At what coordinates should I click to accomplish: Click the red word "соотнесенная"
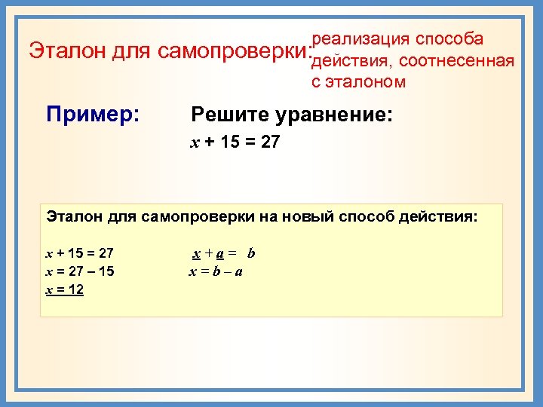click(x=457, y=60)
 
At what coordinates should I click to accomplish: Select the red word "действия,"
click(x=352, y=60)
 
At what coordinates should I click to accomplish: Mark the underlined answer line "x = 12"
click(x=65, y=289)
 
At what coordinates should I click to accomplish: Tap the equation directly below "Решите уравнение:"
click(x=235, y=141)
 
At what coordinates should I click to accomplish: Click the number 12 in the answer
click(x=75, y=289)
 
